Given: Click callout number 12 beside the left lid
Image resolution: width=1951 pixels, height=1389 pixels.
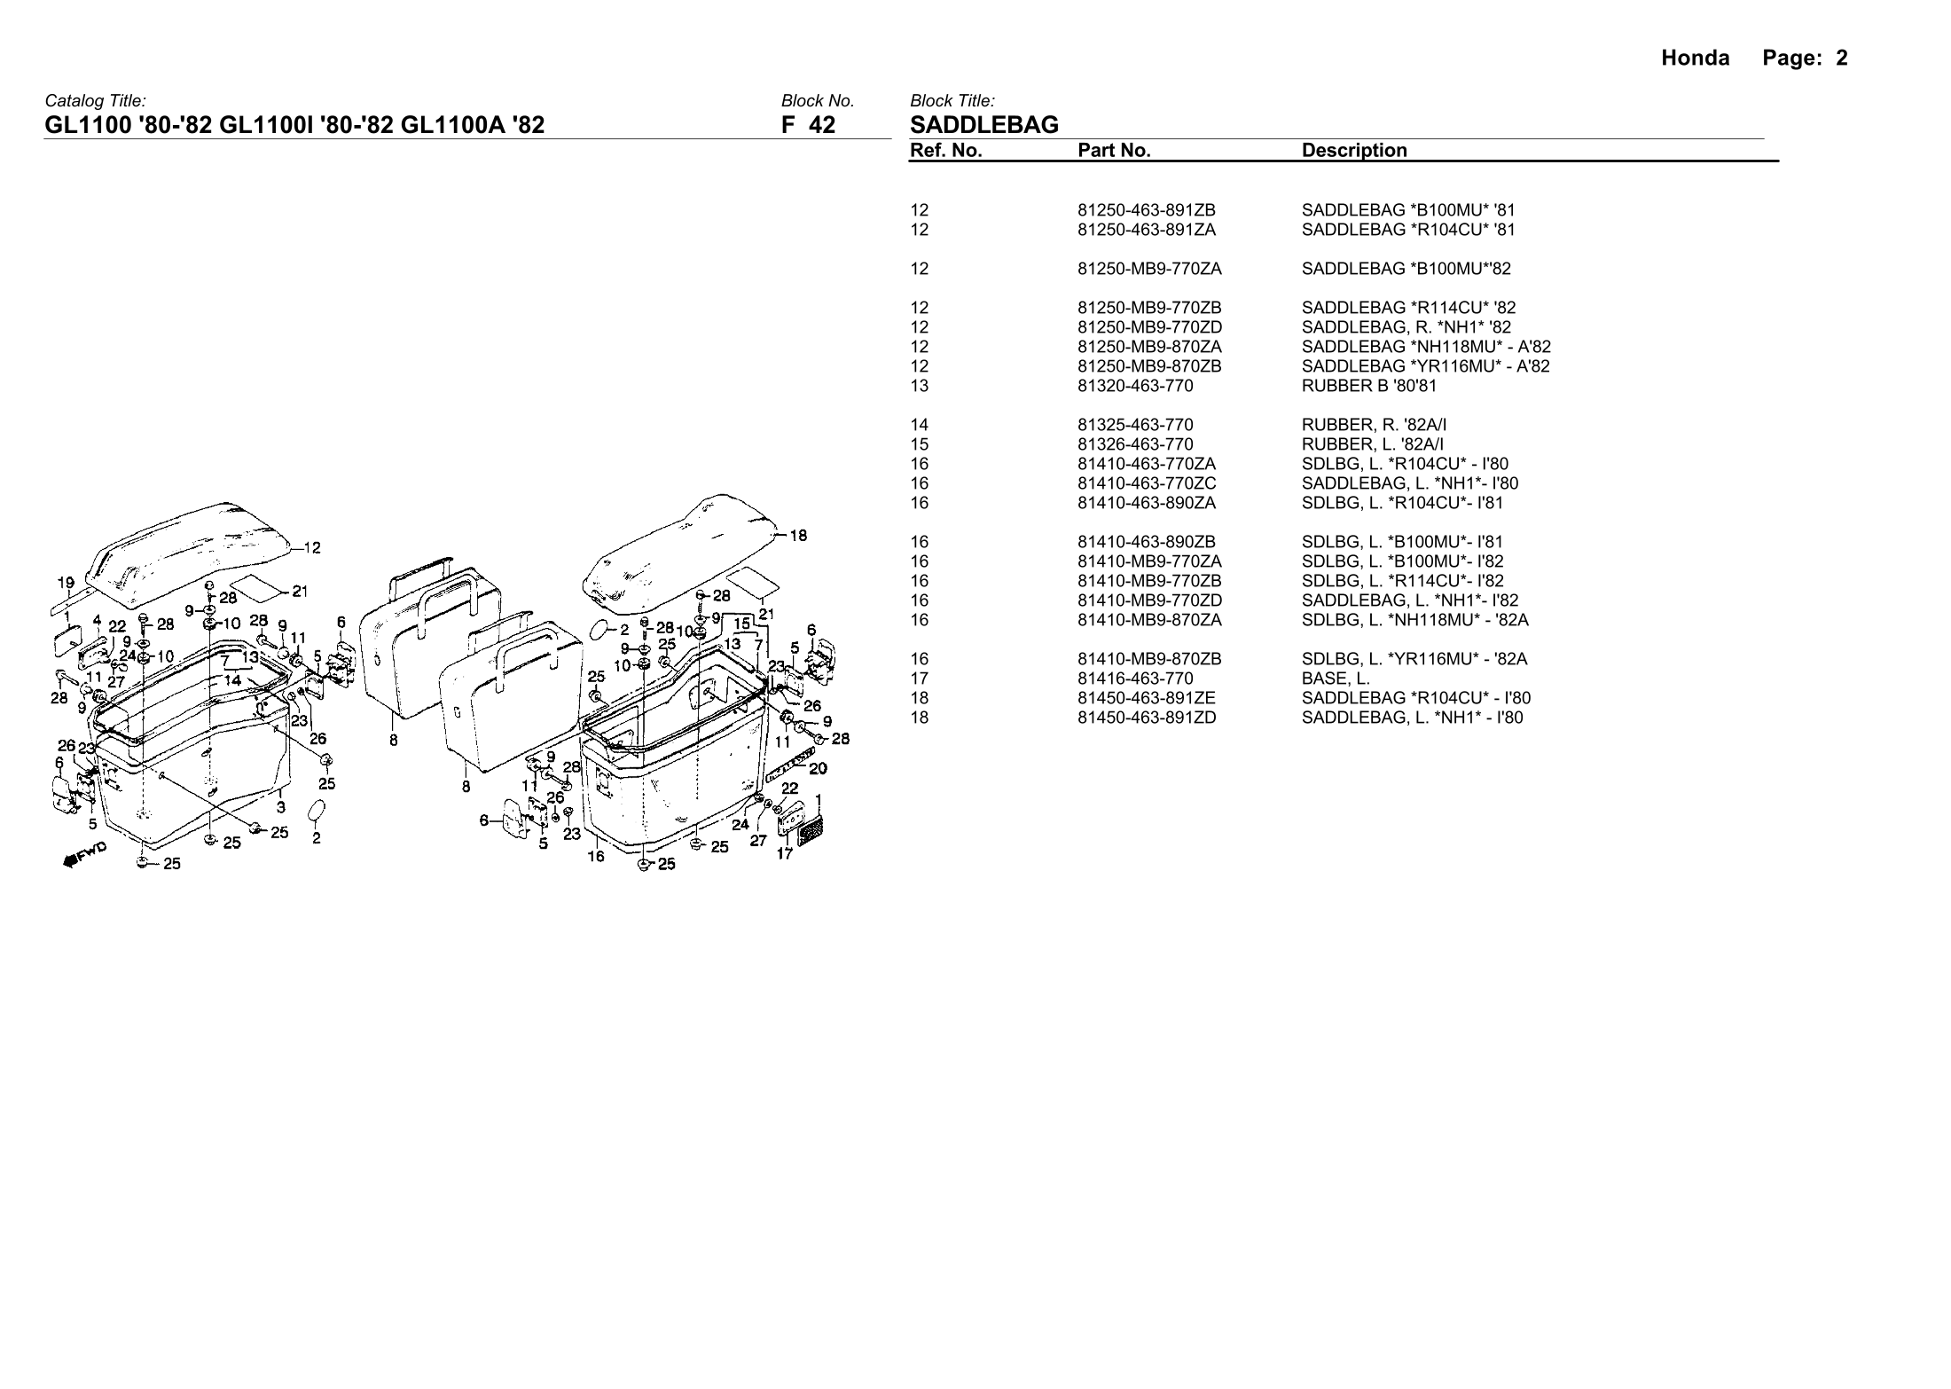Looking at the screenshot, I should click(x=312, y=547).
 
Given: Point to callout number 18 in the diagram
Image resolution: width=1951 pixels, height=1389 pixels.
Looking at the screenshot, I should click(x=798, y=535).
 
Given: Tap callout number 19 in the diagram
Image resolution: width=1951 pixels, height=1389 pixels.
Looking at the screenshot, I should click(x=66, y=583).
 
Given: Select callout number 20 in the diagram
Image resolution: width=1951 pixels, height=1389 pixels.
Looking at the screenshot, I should click(x=818, y=768).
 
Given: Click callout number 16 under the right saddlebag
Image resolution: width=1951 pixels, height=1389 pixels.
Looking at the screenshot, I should click(x=596, y=856).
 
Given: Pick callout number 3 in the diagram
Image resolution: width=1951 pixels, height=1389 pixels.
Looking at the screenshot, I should click(x=281, y=807).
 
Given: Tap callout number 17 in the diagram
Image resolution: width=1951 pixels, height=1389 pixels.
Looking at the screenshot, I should click(x=785, y=854).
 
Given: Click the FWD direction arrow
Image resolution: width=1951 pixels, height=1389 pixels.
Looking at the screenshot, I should click(x=84, y=854).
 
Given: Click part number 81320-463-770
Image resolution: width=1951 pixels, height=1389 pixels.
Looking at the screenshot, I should click(x=1135, y=386).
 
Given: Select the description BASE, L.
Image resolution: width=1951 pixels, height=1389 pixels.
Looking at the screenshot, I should click(x=1336, y=679).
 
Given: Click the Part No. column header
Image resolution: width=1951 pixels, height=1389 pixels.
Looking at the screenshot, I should click(x=1114, y=151).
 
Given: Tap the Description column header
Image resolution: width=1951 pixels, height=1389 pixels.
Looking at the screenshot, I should click(x=1354, y=151).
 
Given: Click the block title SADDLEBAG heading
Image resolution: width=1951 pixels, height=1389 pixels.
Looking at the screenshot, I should click(x=984, y=125).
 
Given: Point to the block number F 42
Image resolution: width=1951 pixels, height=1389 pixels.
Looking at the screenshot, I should click(x=808, y=125).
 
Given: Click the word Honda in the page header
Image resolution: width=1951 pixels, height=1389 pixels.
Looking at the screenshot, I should click(x=1695, y=59).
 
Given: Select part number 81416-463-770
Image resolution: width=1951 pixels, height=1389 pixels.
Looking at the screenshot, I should click(x=1135, y=679).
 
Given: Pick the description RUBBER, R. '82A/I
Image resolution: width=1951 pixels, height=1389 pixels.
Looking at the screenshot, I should click(x=1374, y=425).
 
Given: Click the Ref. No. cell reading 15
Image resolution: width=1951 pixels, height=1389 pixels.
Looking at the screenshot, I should click(x=920, y=444).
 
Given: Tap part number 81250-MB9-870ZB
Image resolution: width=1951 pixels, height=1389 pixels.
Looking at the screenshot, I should click(x=1149, y=366).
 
